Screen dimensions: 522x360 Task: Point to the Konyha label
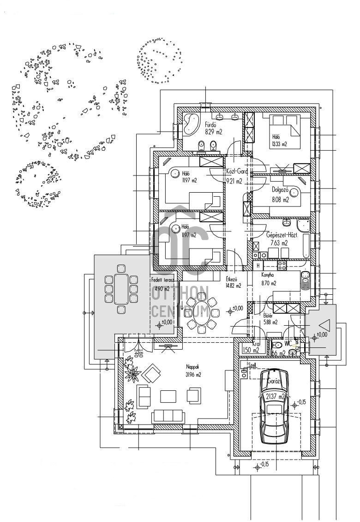[268, 275]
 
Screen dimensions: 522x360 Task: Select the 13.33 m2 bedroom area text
[280, 144]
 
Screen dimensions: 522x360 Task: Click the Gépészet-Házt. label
[282, 235]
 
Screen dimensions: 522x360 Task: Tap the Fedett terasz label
[162, 280]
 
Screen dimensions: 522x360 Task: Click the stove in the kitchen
[282, 265]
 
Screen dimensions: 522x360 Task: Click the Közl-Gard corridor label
[237, 171]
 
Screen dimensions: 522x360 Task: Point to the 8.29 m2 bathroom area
[213, 132]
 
